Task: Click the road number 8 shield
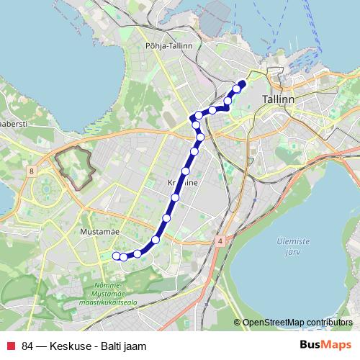pos(32,171)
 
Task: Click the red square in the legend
pos(9,346)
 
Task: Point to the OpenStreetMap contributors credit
pos(297,322)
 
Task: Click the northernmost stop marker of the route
pos(241,84)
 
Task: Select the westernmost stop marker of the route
pos(115,254)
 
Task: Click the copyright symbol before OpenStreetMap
pos(238,322)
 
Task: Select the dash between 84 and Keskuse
pos(42,346)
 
